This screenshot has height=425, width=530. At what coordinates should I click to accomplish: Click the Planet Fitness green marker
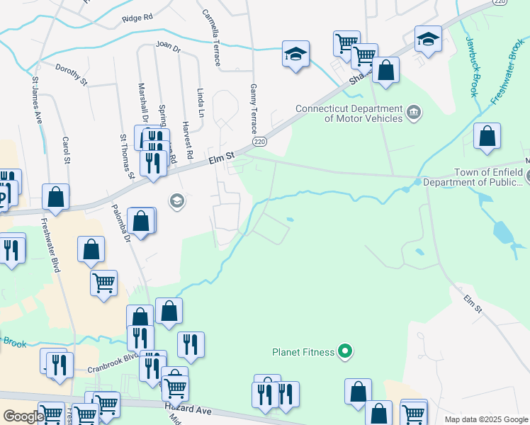pos(345,351)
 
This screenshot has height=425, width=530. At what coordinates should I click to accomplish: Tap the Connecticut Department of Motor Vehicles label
pos(349,113)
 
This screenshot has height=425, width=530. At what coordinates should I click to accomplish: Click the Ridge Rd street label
pos(137,18)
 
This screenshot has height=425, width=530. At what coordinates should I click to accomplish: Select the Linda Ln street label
pos(201,103)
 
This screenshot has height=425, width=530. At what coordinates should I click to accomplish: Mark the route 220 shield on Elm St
pos(260,142)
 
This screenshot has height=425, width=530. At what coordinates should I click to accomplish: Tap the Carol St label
pos(67,151)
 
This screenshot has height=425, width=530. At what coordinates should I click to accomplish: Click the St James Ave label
pos(36,98)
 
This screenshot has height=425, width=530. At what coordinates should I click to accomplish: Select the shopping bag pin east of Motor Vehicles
pos(487,137)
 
